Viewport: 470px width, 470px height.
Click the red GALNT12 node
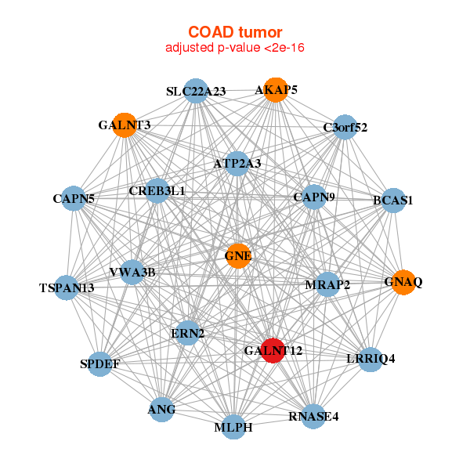tap(273, 350)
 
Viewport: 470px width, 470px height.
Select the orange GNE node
tap(238, 256)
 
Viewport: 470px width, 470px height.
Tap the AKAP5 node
tap(276, 90)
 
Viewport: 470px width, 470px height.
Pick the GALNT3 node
tap(125, 125)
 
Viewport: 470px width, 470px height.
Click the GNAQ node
tap(403, 282)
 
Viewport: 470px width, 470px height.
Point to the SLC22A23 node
tap(196, 91)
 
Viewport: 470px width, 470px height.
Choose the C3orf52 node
tap(345, 127)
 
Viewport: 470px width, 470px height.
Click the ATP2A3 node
tap(237, 164)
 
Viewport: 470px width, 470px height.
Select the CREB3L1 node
tap(157, 190)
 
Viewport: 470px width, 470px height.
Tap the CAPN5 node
tap(74, 198)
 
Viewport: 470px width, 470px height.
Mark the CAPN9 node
tap(314, 197)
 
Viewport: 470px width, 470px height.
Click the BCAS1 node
tap(393, 201)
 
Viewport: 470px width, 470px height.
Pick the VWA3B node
tap(132, 272)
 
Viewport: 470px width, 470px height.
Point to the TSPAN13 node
tap(67, 287)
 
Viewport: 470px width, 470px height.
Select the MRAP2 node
tap(327, 284)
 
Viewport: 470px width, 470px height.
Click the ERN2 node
tap(188, 333)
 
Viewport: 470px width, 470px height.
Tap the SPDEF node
tap(99, 364)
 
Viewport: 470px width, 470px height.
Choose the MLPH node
tap(233, 427)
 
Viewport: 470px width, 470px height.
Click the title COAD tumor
tap(235, 32)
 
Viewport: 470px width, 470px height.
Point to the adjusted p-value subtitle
tap(235, 48)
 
